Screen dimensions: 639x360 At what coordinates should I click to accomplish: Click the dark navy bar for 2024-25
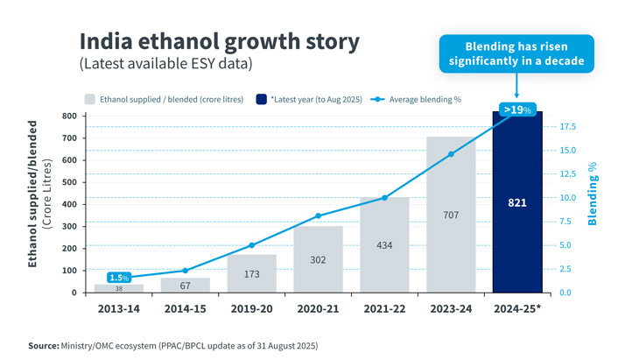pos(517,201)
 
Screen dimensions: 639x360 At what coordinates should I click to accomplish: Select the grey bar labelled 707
pos(451,215)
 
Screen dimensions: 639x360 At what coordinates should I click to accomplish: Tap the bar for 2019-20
pos(251,273)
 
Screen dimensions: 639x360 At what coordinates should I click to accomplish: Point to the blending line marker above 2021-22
pos(384,198)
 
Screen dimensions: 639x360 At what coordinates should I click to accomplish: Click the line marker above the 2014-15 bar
pos(185,271)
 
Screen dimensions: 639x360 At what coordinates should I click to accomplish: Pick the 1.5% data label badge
pos(119,278)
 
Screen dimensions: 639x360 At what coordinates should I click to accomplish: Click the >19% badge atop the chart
pos(517,109)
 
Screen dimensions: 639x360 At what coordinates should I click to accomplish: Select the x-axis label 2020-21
pos(318,308)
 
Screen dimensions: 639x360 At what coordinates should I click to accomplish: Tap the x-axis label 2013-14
pos(118,308)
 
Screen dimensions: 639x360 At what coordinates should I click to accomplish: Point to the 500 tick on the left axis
pos(69,182)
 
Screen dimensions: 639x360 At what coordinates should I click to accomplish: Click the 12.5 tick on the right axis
pos(568,174)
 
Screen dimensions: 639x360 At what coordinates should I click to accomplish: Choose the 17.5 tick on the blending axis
pos(568,127)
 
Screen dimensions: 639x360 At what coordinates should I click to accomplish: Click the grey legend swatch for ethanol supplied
pos(89,99)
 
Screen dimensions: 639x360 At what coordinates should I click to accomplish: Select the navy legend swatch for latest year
pos(261,99)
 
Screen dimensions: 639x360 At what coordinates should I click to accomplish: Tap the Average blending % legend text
pos(425,100)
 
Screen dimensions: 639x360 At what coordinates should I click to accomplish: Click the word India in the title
pos(106,41)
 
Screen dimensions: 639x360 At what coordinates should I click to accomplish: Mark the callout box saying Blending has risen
pos(516,53)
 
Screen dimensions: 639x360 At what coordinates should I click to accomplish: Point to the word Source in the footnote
pos(43,346)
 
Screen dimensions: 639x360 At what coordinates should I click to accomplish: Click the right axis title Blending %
pos(592,194)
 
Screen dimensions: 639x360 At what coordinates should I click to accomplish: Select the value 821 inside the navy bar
pos(517,202)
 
